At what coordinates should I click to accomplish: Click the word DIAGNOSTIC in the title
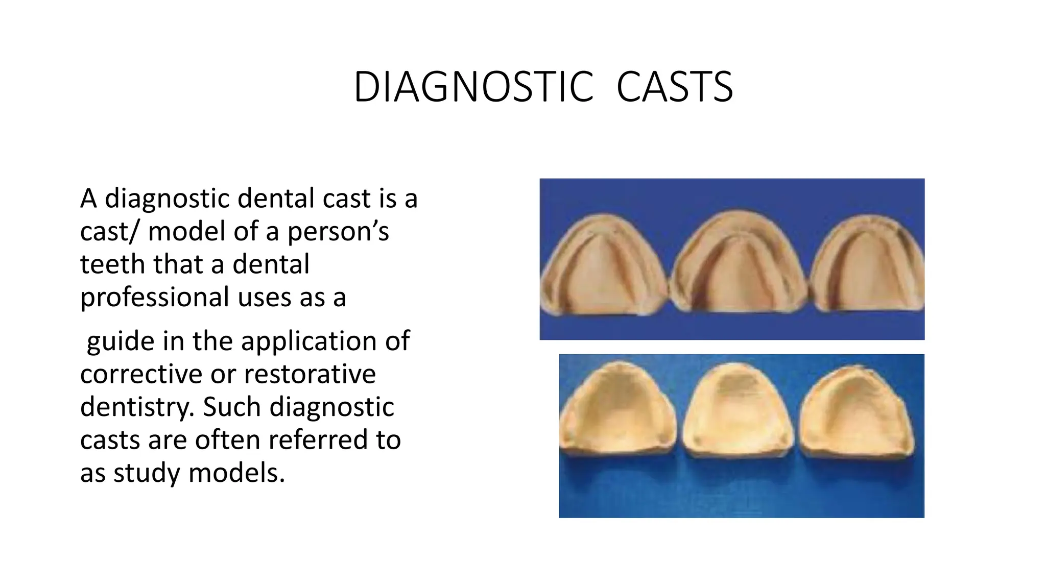click(x=473, y=87)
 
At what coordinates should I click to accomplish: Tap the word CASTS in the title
click(x=674, y=87)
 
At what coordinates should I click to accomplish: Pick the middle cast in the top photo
click(x=738, y=263)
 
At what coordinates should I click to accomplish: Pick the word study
click(x=147, y=473)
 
